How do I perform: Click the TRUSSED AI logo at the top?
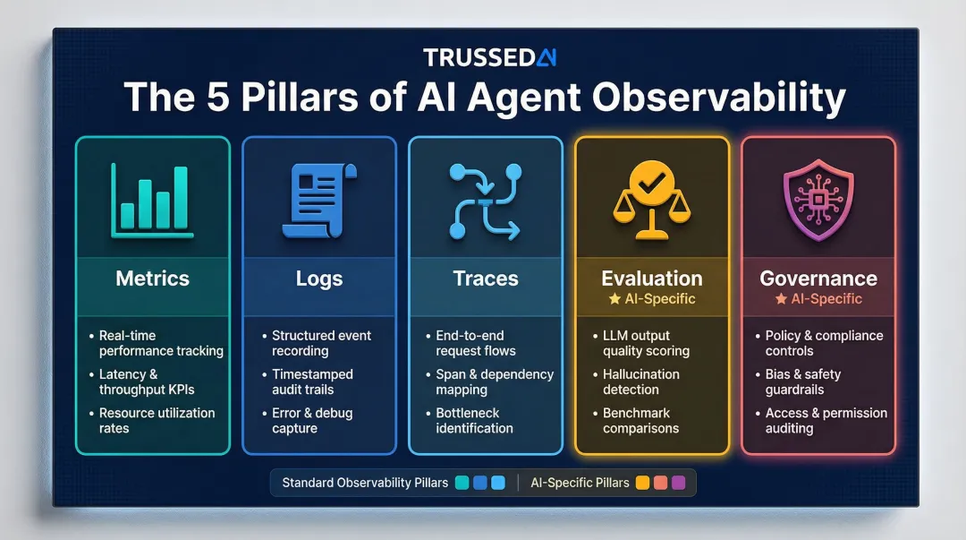[x=489, y=57]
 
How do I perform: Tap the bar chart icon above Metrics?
[x=153, y=201]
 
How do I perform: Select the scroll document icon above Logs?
[x=318, y=201]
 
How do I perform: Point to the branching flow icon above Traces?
[x=485, y=201]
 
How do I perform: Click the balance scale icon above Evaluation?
[x=651, y=201]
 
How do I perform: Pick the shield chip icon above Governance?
[x=818, y=201]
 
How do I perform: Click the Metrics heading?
[x=153, y=278]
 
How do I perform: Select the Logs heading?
[x=318, y=279]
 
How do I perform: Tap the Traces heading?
[x=485, y=279]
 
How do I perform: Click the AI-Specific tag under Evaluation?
[x=651, y=298]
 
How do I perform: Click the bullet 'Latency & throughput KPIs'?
[x=147, y=382]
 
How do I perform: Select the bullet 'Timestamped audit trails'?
[x=313, y=382]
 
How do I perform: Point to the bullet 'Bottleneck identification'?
[x=474, y=421]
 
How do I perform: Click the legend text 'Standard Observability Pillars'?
[x=365, y=483]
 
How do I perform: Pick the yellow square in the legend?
[x=641, y=483]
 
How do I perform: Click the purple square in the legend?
[x=677, y=483]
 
